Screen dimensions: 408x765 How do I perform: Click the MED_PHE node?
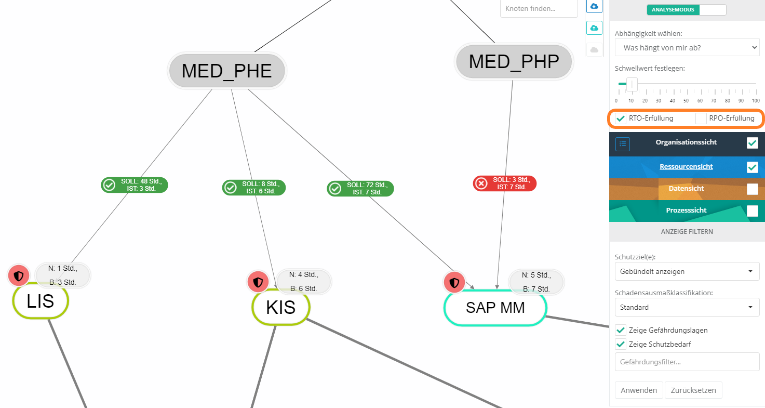(x=227, y=71)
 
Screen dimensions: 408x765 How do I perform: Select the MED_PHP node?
(x=514, y=62)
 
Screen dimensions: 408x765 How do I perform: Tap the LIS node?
(x=41, y=301)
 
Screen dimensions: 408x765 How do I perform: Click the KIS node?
(x=280, y=307)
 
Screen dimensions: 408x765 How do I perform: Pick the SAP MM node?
(x=495, y=308)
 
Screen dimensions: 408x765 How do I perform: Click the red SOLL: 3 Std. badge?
(x=504, y=183)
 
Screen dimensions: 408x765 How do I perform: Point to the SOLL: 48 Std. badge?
(x=135, y=185)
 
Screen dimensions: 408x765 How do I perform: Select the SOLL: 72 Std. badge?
(x=360, y=188)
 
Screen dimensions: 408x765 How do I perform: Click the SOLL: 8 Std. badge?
(x=254, y=188)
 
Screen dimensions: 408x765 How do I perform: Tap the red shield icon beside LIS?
(x=19, y=275)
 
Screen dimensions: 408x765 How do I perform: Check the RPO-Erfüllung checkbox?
(x=701, y=119)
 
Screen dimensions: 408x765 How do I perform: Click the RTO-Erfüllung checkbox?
(x=621, y=119)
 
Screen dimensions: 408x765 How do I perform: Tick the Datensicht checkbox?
(x=752, y=189)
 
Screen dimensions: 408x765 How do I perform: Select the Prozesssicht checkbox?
(x=752, y=210)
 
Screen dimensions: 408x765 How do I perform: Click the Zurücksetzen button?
(x=693, y=390)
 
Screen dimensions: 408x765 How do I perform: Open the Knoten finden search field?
(x=539, y=9)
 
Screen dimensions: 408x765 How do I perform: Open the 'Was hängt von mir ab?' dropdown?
(x=687, y=48)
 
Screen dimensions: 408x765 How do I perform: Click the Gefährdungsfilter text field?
(x=687, y=362)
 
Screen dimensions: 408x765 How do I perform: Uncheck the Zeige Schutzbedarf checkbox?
(x=621, y=344)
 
